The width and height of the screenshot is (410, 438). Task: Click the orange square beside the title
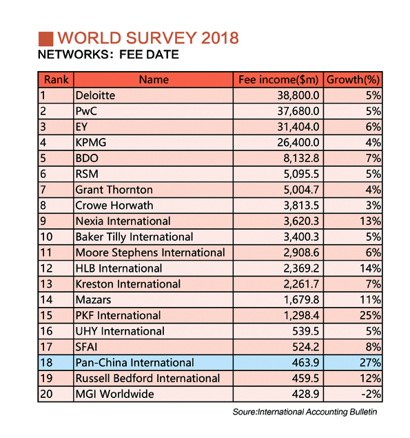[x=45, y=39]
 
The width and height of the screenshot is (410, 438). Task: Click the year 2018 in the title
[x=220, y=38]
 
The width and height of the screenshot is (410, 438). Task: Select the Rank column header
[x=56, y=79]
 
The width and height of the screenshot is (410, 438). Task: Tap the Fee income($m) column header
[x=278, y=80]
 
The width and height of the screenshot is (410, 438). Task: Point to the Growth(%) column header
[x=353, y=80]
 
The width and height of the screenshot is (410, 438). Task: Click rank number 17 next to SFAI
[x=46, y=347]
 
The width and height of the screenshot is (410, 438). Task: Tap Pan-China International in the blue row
[x=134, y=363]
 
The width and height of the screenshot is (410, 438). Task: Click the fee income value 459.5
[x=306, y=378]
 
